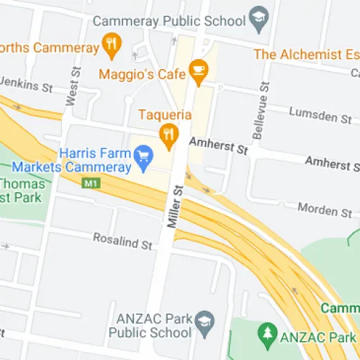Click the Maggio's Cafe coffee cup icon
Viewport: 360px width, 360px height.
197,71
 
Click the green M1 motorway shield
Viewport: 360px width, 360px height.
90,184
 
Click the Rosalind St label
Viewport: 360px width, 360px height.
124,241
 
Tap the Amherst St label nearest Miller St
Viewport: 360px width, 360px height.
218,147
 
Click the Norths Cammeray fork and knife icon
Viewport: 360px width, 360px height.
110,47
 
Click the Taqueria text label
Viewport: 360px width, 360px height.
166,114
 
